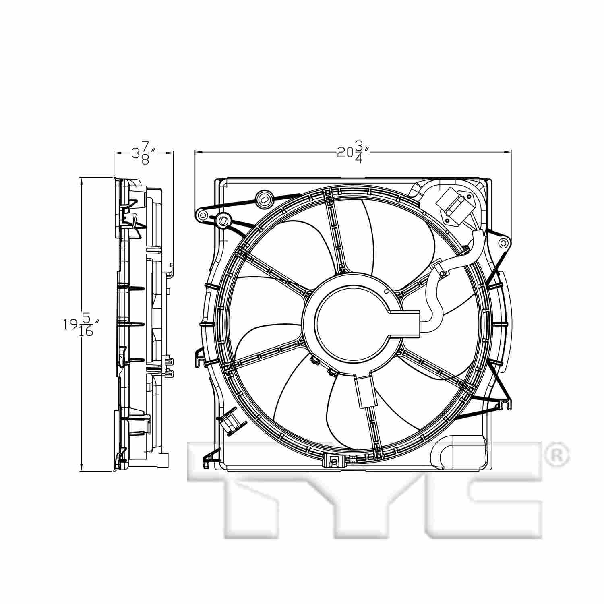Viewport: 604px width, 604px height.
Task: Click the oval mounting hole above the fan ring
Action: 265,198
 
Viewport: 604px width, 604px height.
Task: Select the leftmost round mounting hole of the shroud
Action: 201,216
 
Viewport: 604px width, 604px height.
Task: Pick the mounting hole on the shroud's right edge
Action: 503,243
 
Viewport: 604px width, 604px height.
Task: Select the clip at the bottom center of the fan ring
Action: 333,461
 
